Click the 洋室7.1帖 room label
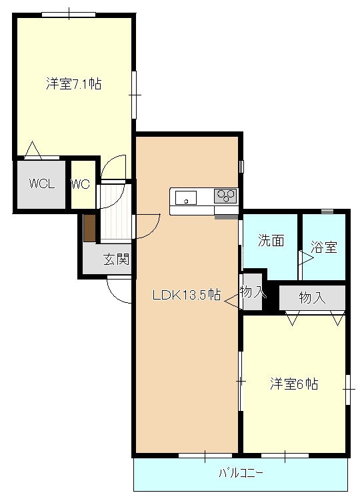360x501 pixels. coord(74,85)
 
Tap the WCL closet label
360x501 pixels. coord(41,185)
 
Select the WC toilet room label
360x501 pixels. coord(80,185)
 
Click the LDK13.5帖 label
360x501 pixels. coord(186,295)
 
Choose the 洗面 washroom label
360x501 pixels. coord(271,241)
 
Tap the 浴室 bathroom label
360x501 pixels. coord(324,247)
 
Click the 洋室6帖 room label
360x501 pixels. coord(293,384)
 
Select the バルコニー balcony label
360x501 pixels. coord(241,474)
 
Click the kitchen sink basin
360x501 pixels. coord(186,197)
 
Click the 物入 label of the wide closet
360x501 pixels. coord(312,298)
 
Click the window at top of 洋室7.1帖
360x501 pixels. coord(69,14)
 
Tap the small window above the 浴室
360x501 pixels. coord(327,211)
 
